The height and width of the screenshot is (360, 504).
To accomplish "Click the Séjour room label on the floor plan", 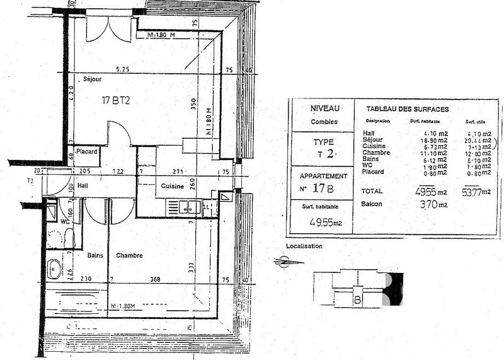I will click(93, 79).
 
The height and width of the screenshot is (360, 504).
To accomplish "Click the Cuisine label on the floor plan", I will click(172, 187).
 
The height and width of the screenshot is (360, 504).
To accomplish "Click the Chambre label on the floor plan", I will click(129, 255).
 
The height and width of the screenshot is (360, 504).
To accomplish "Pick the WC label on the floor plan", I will click(65, 221).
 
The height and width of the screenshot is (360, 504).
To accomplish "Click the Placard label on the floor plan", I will click(86, 152).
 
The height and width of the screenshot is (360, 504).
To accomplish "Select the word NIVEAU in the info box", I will click(324, 108).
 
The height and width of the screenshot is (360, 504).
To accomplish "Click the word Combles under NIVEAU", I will click(324, 122).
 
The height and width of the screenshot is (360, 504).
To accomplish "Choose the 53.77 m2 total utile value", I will click(476, 192).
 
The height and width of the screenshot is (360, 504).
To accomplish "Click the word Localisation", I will click(304, 246).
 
